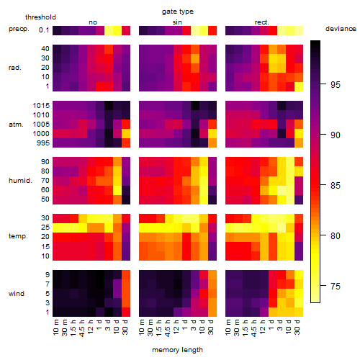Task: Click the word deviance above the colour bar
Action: point(341,29)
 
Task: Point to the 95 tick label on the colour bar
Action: point(336,85)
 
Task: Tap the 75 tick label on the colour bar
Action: point(336,287)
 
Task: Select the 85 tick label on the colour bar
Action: point(336,186)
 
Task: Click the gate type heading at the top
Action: point(178,12)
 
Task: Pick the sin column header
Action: point(177,22)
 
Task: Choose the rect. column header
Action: point(261,22)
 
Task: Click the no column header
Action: point(93,22)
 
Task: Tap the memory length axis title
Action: point(177,350)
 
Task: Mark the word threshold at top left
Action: point(40,17)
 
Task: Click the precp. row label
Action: point(19,29)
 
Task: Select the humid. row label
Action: point(20,181)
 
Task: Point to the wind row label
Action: point(17,294)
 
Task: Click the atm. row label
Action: point(16,125)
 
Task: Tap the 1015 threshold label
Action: point(41,106)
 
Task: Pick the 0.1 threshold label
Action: point(44,30)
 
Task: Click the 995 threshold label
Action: point(43,143)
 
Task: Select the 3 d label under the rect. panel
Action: point(280,325)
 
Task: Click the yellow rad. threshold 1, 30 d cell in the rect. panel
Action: point(299,86)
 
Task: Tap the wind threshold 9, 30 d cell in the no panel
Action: point(126,275)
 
